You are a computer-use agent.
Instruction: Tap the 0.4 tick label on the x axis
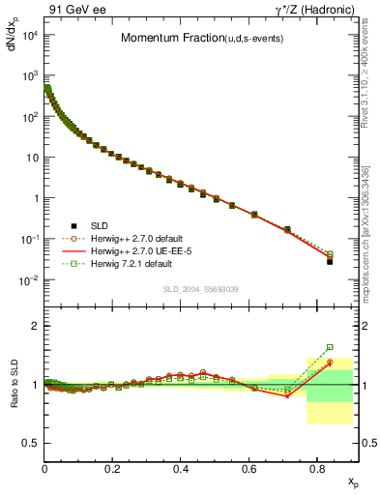coord(181,468)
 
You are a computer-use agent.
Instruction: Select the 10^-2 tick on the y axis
coord(29,280)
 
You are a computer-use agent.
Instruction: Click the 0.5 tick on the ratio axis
coord(31,443)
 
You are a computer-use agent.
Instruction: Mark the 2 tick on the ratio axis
coord(35,326)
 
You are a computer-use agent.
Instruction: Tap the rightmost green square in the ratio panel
coord(330,347)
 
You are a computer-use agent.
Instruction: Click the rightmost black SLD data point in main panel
coord(330,261)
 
